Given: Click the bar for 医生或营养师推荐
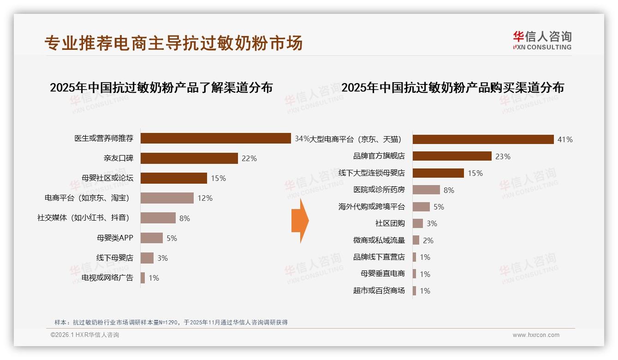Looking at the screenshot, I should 215,138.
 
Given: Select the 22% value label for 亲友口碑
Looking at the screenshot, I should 249,158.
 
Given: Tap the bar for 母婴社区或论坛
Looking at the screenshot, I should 173,178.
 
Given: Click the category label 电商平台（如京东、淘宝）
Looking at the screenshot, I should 87,198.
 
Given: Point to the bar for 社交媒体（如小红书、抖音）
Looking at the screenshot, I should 158,218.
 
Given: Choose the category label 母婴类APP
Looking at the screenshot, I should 115,238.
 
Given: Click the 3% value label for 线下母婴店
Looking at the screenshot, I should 162,258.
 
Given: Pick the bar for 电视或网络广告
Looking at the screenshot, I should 143,278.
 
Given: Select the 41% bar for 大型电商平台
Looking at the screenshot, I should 483,139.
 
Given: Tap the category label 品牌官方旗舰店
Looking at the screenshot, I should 379,156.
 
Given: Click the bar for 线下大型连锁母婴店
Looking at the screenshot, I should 438,173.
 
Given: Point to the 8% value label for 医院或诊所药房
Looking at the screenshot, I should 449,190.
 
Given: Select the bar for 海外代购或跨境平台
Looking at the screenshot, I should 421,207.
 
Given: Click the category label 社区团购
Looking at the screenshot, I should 390,223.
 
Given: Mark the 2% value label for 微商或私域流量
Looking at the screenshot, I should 428,240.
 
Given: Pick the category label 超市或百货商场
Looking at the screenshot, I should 379,291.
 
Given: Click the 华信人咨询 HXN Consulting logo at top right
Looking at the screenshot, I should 542,40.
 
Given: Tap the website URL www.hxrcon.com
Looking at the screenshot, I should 536,335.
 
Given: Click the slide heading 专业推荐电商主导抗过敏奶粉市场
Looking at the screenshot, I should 173,43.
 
